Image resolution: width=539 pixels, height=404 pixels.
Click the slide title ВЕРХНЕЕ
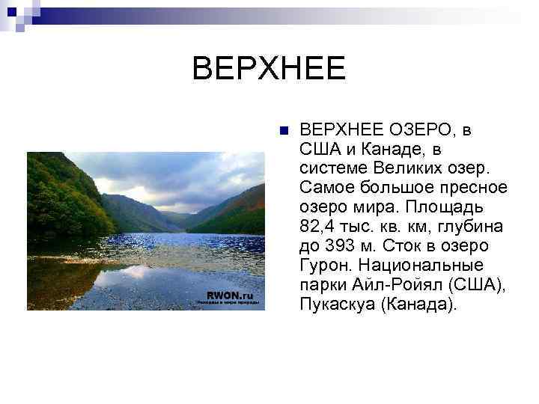(x=269, y=70)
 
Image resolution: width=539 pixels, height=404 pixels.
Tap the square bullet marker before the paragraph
(x=283, y=130)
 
